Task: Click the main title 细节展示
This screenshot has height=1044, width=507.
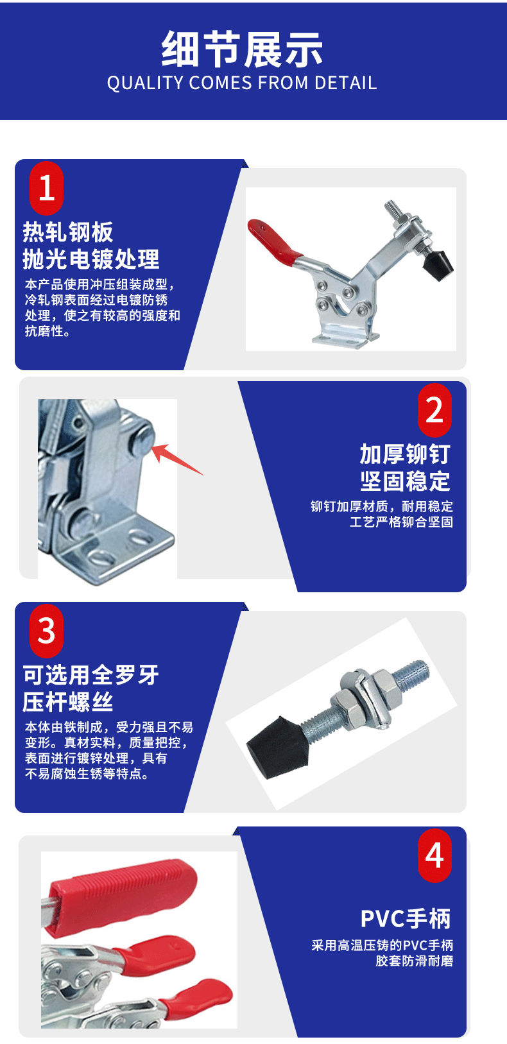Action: (x=242, y=49)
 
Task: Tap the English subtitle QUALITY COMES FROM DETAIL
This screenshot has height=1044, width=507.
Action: (x=242, y=83)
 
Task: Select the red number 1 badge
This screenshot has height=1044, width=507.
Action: (x=47, y=188)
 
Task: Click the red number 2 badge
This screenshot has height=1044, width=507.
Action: (x=434, y=410)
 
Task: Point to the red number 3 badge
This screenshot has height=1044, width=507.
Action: (x=47, y=631)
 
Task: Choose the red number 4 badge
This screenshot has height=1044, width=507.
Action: (x=434, y=855)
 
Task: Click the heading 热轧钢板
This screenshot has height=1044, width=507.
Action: (x=68, y=232)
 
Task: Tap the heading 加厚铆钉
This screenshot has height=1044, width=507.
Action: (x=405, y=454)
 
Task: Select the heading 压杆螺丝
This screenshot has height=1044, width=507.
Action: (x=68, y=702)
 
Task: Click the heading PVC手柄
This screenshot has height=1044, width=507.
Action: (x=406, y=919)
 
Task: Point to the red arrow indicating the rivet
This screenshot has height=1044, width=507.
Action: (x=178, y=459)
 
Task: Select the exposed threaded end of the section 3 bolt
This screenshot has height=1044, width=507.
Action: (x=413, y=674)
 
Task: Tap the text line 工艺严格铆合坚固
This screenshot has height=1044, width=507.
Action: (x=401, y=522)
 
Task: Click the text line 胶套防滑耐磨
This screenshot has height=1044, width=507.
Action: (x=415, y=961)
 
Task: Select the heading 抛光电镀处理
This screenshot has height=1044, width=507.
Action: (x=91, y=259)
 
